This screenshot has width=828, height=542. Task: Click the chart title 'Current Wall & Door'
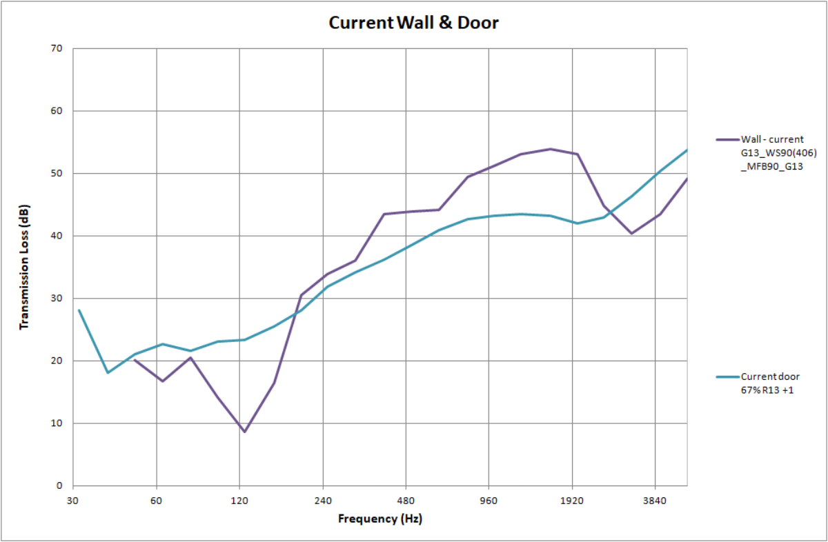pos(413,23)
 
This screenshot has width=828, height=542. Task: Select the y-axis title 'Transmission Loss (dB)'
pos(24,267)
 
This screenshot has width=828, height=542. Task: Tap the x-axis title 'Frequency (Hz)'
pos(379,519)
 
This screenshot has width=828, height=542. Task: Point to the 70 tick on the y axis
pos(56,48)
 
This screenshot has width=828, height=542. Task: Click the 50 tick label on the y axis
pos(56,173)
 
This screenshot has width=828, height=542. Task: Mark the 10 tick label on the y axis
pos(56,423)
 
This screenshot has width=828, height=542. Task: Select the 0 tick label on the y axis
pos(59,485)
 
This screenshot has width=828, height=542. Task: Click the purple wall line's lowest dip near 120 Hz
pos(244,432)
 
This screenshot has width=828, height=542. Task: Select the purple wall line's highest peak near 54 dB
pos(550,149)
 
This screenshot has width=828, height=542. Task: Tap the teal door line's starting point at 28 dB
pos(79,310)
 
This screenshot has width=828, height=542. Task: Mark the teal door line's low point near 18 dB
pos(108,372)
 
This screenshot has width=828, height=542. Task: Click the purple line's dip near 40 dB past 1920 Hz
pos(631,233)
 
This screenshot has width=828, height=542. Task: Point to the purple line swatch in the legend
pos(727,139)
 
